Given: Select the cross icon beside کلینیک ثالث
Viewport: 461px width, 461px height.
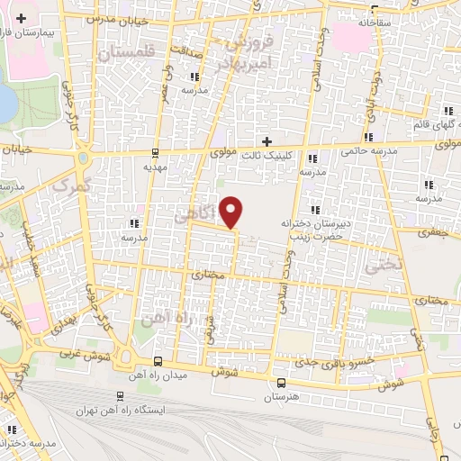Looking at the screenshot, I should coord(267,140).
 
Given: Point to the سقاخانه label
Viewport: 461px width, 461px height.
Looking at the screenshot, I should coord(377,20).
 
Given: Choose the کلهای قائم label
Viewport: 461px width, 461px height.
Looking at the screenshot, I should coord(431,123).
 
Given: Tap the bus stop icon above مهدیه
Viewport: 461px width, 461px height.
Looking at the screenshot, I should coord(157,151).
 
